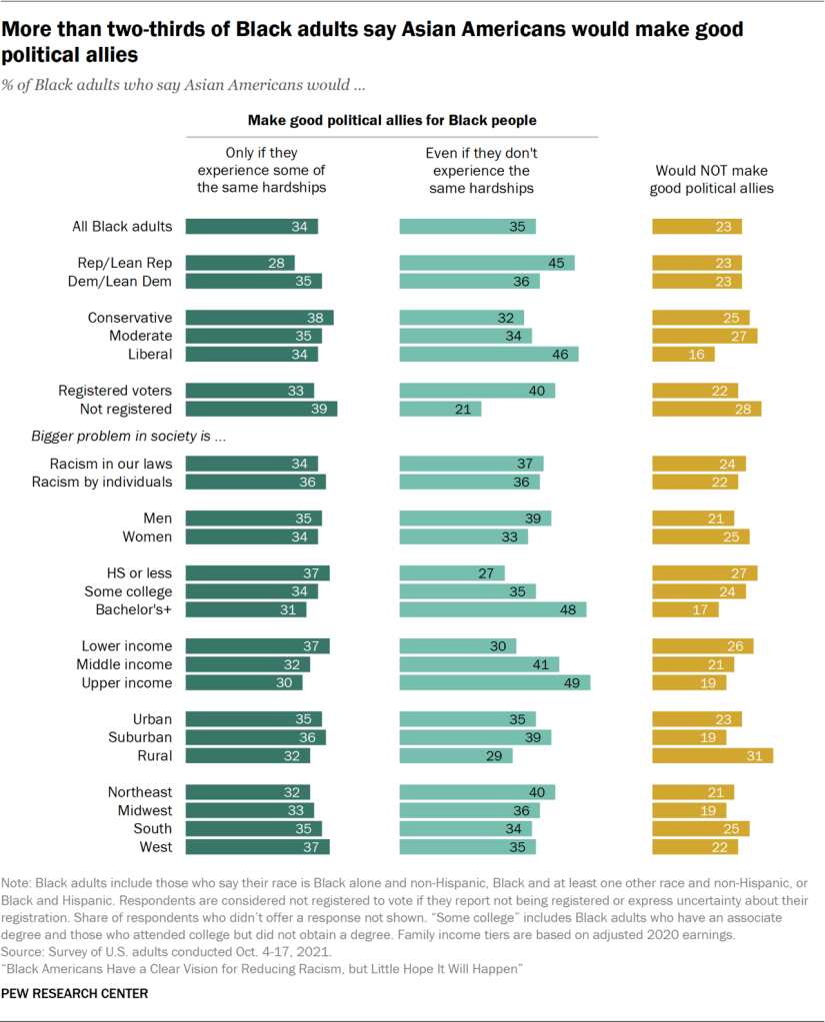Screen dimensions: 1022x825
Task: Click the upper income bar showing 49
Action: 495,682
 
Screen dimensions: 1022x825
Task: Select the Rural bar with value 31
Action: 713,755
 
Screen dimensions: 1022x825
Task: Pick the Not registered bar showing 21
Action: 441,409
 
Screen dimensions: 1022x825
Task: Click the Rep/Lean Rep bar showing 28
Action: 241,263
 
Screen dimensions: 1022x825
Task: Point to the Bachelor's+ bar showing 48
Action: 493,609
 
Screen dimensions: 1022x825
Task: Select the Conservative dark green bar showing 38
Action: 260,318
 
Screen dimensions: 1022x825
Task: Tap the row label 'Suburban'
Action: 140,737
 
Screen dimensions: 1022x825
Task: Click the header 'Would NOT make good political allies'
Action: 711,180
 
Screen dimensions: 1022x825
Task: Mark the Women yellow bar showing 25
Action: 701,536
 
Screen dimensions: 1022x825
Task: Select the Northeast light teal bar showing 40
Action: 477,792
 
